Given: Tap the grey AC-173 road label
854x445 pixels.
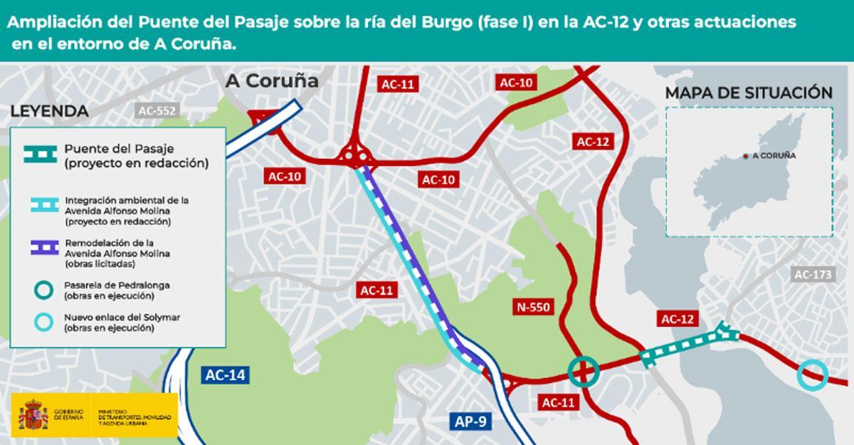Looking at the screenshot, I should tap(813, 273).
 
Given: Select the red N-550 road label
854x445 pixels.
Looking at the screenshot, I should tap(533, 307).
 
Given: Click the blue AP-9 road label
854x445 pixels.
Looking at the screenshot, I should tap(471, 421).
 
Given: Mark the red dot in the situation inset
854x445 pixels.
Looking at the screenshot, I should tap(745, 155).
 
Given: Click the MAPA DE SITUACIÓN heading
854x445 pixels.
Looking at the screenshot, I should tap(748, 93).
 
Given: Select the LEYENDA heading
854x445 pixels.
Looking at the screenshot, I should tap(49, 112).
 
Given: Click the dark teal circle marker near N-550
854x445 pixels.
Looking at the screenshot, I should tap(583, 370).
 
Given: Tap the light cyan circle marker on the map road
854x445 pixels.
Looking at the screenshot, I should tap(811, 375).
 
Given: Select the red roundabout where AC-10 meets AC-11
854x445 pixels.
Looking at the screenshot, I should tap(352, 152).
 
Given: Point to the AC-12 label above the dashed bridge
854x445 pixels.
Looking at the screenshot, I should tap(678, 320).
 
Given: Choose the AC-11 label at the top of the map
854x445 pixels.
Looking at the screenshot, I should tap(398, 83).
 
